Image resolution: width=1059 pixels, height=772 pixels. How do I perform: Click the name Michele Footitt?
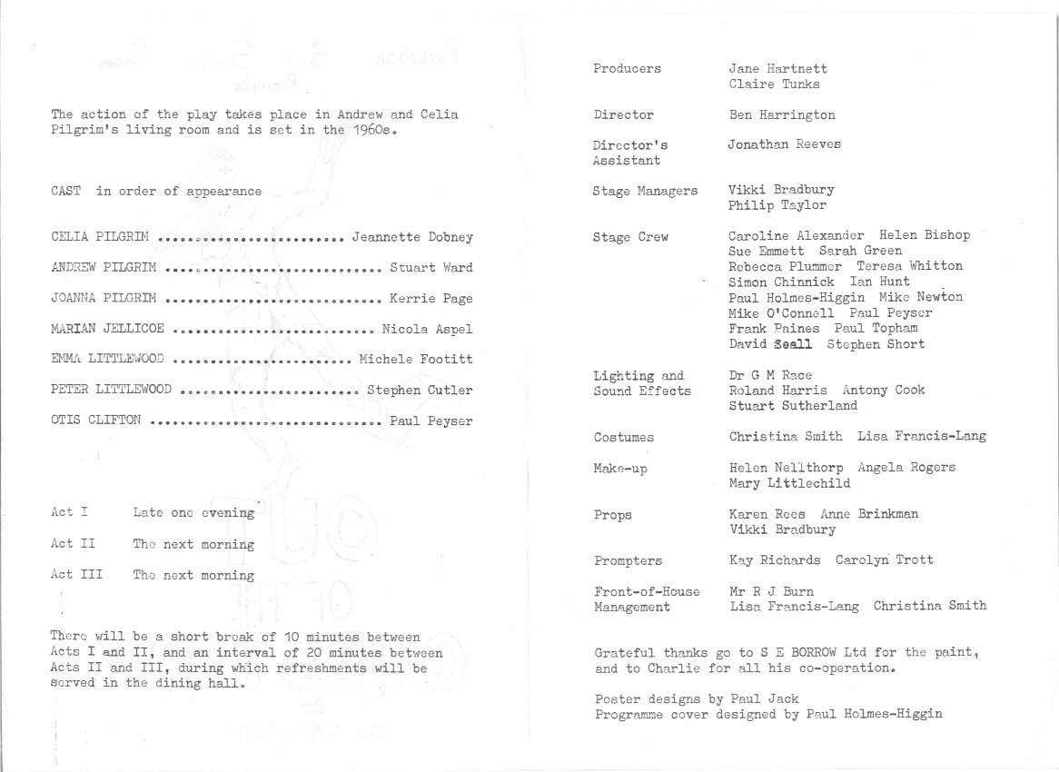415,360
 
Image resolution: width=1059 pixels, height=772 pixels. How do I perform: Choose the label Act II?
75,544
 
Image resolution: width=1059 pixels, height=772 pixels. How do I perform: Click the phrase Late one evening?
193,513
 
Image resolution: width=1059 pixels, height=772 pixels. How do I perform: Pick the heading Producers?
627,69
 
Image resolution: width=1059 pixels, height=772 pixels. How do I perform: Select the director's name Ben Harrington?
782,115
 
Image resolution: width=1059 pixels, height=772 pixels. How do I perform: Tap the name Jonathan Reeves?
785,144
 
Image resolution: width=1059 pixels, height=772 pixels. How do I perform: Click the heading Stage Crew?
630,237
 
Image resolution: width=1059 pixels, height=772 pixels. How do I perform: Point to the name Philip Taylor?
777,206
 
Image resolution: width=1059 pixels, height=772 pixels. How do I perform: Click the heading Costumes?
623,438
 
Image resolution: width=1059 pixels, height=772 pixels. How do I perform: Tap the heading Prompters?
628,560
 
